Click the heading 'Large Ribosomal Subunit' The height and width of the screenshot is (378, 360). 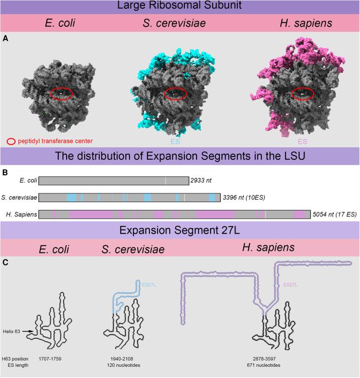click(180, 7)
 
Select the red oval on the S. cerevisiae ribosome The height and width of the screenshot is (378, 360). click(175, 94)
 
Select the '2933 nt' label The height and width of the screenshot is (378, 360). click(202, 181)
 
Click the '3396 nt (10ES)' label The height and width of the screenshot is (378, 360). click(246, 198)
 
